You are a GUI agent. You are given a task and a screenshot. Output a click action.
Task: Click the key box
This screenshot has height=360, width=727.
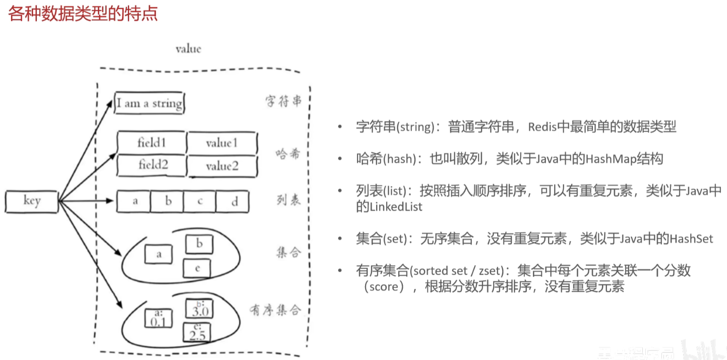tap(31, 201)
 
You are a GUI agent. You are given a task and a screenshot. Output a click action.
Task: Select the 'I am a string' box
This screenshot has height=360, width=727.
tap(149, 104)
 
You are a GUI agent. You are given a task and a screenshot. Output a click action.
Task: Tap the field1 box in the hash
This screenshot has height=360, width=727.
tap(152, 143)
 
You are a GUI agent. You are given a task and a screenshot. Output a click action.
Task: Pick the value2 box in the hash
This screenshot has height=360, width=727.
tap(222, 166)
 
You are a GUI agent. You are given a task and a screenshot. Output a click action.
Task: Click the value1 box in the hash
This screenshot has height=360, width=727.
tap(222, 143)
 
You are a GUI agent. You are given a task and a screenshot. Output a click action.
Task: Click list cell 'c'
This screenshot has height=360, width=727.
tap(200, 201)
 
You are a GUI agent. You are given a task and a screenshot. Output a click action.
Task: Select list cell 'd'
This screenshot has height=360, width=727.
tap(234, 202)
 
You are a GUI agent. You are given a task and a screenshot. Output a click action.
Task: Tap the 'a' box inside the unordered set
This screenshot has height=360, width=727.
tap(159, 254)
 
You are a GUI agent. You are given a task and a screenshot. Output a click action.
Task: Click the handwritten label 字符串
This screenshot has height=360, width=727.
tap(283, 101)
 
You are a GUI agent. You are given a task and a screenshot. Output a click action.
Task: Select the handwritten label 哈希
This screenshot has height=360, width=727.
tap(288, 153)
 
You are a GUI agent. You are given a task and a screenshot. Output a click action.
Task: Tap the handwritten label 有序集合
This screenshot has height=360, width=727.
tap(275, 310)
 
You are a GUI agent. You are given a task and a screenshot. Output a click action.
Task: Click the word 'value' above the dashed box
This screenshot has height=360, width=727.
tap(188, 49)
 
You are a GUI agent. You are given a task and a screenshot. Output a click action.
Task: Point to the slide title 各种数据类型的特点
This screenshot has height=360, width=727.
tap(83, 14)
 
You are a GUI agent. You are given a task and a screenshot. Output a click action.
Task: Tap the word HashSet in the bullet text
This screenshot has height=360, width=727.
tap(691, 238)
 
